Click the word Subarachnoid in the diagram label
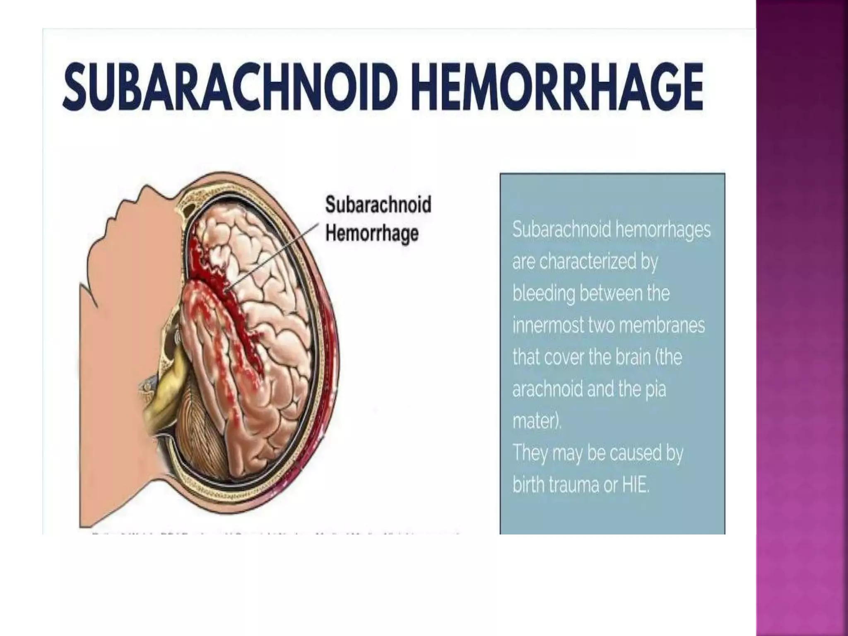point(378,205)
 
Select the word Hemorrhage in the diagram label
point(371,233)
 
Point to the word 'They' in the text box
point(530,453)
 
